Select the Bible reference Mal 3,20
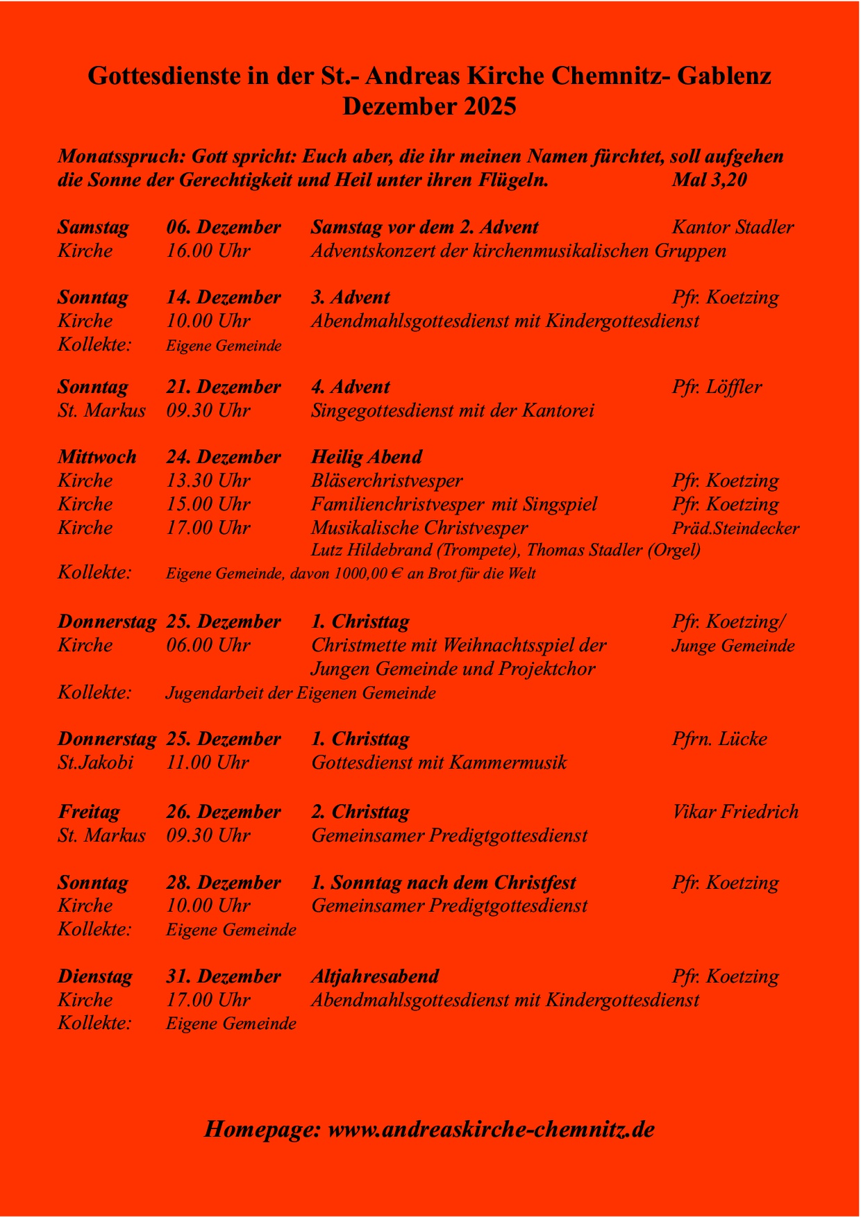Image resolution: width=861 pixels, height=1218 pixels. pos(709,180)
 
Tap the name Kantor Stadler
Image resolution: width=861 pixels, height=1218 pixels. pos(733,227)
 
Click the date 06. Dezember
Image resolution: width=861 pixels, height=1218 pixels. pos(224,227)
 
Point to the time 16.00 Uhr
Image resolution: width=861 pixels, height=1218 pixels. pos(208,251)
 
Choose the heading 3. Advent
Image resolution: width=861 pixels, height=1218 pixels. pos(350,297)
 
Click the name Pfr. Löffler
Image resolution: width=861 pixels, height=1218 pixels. pos(717,387)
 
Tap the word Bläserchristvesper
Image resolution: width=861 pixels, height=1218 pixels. pos(387,481)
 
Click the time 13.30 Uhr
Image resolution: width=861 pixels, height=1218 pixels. pos(208,481)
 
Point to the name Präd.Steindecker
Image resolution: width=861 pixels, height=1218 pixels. pos(735,528)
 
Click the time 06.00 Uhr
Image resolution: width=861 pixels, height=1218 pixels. pos(208,645)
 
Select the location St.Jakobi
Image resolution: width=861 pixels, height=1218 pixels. pos(96,762)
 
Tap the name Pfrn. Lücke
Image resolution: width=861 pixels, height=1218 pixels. pos(719,739)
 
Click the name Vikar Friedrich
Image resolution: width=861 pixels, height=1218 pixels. pos(735,812)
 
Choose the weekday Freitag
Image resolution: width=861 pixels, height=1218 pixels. pos(89,812)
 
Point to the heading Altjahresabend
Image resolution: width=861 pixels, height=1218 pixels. pos(375,976)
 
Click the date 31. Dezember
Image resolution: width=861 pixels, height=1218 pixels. pos(224,976)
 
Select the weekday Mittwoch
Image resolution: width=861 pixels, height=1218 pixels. pos(97,457)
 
